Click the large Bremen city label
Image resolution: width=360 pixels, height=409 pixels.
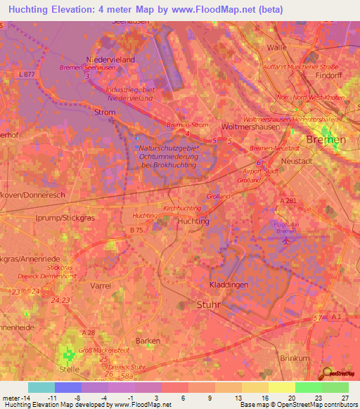tap(330, 141)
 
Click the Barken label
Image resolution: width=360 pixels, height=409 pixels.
tap(148, 341)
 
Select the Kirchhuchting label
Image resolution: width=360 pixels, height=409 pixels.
tap(181, 209)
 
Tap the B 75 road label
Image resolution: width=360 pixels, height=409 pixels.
tap(137, 229)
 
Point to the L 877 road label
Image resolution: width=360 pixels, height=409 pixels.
tap(28, 74)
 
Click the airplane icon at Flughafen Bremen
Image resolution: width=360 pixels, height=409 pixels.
tap(285, 241)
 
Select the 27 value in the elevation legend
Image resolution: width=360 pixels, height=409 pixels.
tap(345, 398)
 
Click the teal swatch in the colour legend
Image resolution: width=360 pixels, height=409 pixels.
tap(41, 387)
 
